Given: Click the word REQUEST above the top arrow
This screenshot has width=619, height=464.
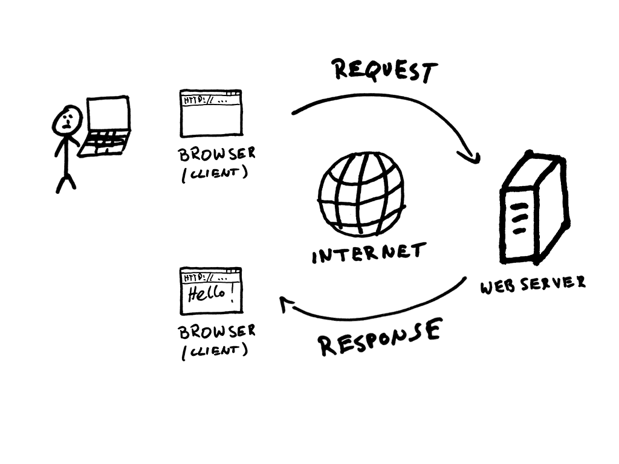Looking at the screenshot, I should (384, 71).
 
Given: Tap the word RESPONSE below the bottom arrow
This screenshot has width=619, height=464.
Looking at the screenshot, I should (380, 338).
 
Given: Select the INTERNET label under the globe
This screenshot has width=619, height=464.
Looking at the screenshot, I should (369, 253).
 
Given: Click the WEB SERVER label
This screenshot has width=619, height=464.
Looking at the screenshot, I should (533, 283).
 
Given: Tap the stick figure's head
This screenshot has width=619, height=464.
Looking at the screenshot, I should (68, 120).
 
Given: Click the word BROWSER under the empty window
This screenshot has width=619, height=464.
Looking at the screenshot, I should (216, 153).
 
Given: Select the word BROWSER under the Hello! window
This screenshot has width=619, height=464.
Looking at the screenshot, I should (216, 331).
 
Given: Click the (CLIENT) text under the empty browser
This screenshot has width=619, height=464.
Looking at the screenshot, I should (214, 173).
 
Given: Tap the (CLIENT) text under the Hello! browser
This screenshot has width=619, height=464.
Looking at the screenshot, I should (214, 350).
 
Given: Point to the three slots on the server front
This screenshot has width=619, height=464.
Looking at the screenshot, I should (519, 219).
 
